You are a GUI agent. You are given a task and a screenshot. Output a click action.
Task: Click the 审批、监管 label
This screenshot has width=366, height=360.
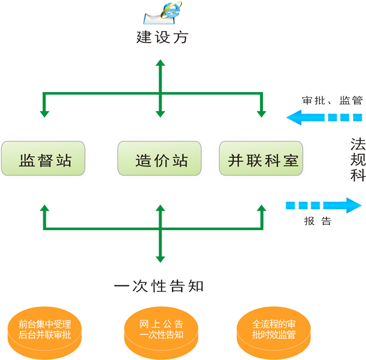[332, 99]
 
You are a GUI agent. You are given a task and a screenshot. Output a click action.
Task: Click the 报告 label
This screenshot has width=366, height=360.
[318, 221]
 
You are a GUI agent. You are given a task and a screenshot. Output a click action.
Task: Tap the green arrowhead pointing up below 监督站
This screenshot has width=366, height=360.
[44, 209]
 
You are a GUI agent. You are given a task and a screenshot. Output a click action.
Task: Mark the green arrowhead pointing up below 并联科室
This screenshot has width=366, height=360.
[261, 209]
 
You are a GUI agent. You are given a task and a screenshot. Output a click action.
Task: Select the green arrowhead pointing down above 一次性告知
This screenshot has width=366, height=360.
[160, 259]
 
